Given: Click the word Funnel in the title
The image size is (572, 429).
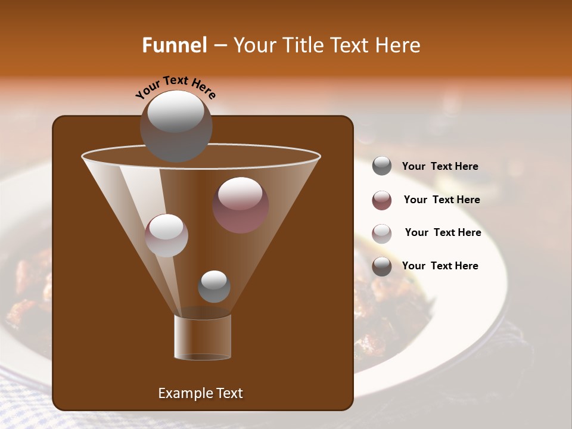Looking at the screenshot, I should (174, 45).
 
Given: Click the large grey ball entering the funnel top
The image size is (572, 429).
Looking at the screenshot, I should (176, 126).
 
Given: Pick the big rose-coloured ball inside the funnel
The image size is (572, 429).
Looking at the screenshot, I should (240, 204).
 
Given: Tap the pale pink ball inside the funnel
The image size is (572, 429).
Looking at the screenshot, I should (166, 235).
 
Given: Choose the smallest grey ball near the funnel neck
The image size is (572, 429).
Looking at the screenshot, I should (214, 286).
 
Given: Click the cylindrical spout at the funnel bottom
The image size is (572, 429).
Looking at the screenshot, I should (203, 337).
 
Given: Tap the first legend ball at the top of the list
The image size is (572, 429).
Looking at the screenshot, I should (382, 166).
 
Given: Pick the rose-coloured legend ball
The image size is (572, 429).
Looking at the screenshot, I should (382, 200).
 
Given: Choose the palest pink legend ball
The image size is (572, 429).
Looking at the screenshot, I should (382, 234).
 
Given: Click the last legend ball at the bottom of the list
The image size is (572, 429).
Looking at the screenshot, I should (382, 266).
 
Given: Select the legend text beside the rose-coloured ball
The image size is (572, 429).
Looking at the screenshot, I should (442, 200).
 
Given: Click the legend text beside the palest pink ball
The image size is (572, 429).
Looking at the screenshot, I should (443, 232).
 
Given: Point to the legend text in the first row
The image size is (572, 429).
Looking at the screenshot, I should (440, 166).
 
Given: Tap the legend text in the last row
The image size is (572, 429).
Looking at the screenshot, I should (440, 266).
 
